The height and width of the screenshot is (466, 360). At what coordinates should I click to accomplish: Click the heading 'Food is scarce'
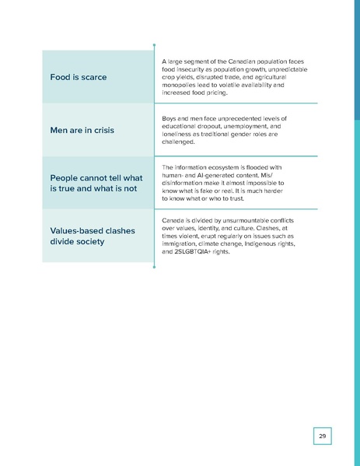point(79,77)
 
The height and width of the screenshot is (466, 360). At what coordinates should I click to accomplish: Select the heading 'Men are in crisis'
point(82,130)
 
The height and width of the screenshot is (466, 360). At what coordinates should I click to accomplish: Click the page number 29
point(322,436)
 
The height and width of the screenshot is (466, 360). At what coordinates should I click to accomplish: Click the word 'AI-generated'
point(219,175)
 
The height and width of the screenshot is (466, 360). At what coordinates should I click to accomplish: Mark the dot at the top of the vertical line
point(155,44)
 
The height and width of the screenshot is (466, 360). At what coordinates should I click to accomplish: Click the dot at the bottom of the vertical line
point(155,268)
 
